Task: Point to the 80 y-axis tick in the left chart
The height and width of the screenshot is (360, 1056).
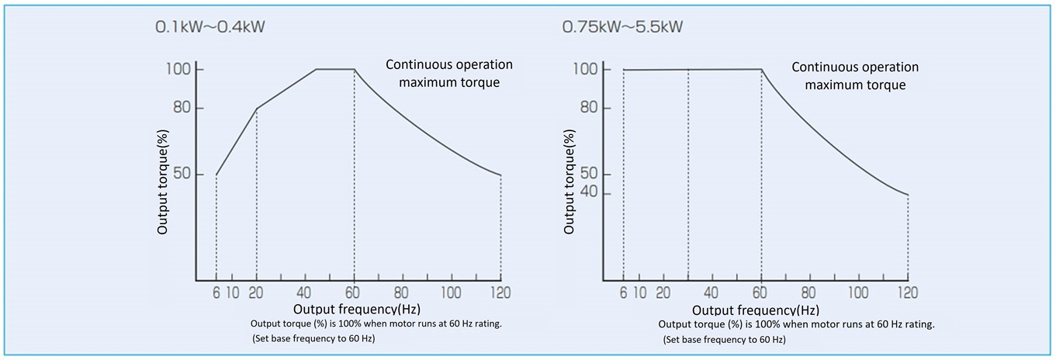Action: pos(182,108)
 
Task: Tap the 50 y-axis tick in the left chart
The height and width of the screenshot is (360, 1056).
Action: pos(182,174)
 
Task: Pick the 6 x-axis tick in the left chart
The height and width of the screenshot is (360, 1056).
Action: pos(216,292)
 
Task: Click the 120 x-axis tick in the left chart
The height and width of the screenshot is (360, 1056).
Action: pos(500,292)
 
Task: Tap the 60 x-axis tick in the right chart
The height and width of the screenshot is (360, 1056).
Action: pos(760,292)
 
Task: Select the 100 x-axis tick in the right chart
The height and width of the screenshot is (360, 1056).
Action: pos(858,292)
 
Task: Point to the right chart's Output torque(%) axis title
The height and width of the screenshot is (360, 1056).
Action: pos(570,182)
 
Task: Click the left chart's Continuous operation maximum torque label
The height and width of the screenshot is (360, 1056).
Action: pos(449,73)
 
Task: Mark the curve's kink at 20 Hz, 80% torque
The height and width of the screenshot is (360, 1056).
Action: pos(256,108)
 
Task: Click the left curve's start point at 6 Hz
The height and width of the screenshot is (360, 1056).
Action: pos(216,175)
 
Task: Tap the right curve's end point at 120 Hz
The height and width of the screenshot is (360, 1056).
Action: pos(908,194)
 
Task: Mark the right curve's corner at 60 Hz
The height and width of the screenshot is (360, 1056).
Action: pos(761,70)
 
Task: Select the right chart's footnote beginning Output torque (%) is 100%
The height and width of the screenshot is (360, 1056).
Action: pos(796,324)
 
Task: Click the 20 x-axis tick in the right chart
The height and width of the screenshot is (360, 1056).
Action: pos(663,292)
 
